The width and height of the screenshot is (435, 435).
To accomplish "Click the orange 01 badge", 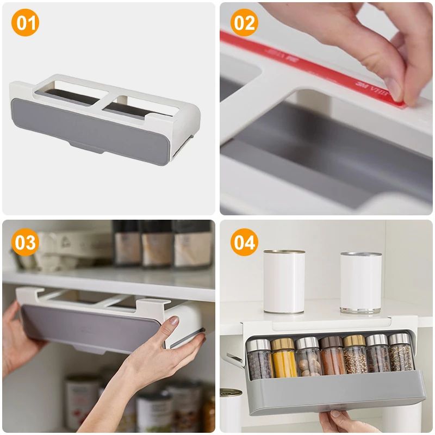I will point(25,24).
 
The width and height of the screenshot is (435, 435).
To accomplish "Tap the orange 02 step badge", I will point(244,24).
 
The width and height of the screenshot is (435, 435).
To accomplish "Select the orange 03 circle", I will point(25,242).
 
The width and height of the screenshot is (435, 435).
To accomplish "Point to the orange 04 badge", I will point(244,242).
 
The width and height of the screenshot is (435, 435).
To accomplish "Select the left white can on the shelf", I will point(284,282).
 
